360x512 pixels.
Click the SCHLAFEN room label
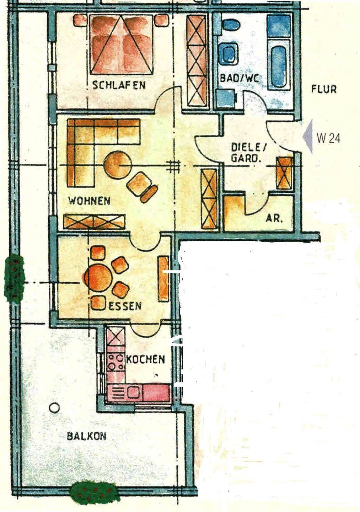[119, 85]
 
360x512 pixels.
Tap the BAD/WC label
[240, 78]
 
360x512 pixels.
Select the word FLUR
[324, 89]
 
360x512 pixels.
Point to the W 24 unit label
[328, 138]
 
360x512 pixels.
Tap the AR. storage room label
[274, 219]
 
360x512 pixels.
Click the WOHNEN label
[90, 201]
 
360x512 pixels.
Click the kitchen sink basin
[133, 393]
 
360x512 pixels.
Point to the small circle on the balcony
[54, 407]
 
